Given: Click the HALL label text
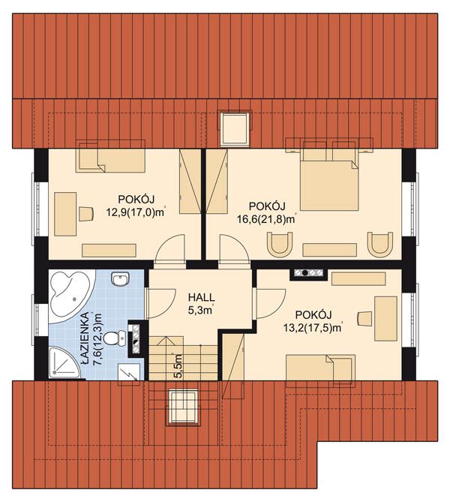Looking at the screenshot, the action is coord(201,297).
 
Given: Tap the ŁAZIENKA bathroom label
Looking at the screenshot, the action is coord(85,339).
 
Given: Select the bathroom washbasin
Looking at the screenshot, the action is coord(121,279).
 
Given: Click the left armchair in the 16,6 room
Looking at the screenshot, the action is coord(279,243).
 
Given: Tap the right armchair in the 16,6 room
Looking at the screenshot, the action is coord(380,243).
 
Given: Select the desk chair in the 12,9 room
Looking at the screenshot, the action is coord(85,214).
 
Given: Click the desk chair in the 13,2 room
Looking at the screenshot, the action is coord(364,318).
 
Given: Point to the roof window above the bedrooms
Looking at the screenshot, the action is coord(235,128).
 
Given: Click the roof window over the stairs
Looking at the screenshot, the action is coord(183,407).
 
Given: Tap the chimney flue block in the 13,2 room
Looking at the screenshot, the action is coord(309,273).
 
